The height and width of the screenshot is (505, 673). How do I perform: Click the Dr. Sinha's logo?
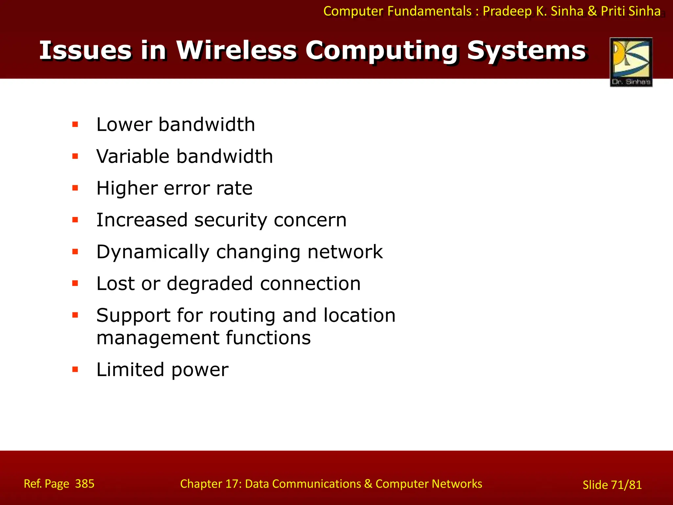(x=631, y=62)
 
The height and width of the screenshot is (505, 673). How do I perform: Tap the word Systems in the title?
(x=526, y=51)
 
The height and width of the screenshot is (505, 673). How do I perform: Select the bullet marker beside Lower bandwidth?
(x=75, y=125)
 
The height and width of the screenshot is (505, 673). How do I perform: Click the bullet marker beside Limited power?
(x=75, y=370)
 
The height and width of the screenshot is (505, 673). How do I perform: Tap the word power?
(x=200, y=370)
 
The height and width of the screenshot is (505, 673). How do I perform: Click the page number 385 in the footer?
(x=85, y=484)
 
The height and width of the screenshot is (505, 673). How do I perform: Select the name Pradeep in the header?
(x=507, y=11)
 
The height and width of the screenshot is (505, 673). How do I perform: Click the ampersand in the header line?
(x=592, y=11)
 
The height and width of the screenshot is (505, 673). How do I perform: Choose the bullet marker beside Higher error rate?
(x=75, y=188)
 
